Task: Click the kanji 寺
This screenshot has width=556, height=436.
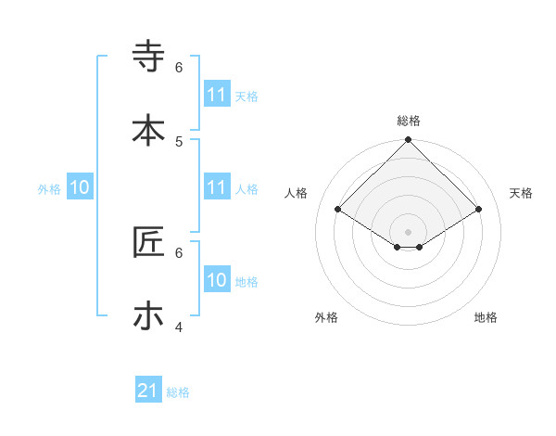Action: click(x=149, y=57)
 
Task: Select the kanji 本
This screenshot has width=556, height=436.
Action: click(x=149, y=130)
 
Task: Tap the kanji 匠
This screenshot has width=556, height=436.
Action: click(x=149, y=242)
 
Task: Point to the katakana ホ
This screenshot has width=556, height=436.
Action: click(x=149, y=315)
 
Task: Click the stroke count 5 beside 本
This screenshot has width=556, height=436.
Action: click(x=179, y=141)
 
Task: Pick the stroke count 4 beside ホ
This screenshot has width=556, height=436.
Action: click(x=179, y=327)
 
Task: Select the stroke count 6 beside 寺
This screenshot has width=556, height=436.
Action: click(x=179, y=68)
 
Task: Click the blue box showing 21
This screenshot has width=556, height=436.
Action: click(x=148, y=391)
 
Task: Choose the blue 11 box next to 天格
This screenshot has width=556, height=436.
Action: click(x=217, y=95)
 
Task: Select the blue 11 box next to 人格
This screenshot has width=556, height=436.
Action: click(x=217, y=187)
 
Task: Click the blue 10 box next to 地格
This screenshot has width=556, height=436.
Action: click(x=217, y=280)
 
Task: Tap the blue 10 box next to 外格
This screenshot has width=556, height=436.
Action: click(x=80, y=187)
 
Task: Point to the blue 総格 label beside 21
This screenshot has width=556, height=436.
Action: click(x=178, y=392)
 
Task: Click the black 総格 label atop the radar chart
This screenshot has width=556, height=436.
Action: click(x=409, y=121)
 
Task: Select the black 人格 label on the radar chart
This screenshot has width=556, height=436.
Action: click(x=297, y=193)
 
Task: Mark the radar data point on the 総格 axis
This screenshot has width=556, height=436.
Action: click(x=409, y=141)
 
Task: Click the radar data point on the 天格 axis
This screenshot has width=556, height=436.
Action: click(x=479, y=210)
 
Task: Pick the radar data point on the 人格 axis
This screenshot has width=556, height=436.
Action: click(x=338, y=210)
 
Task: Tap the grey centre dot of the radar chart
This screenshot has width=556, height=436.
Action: click(x=409, y=231)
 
